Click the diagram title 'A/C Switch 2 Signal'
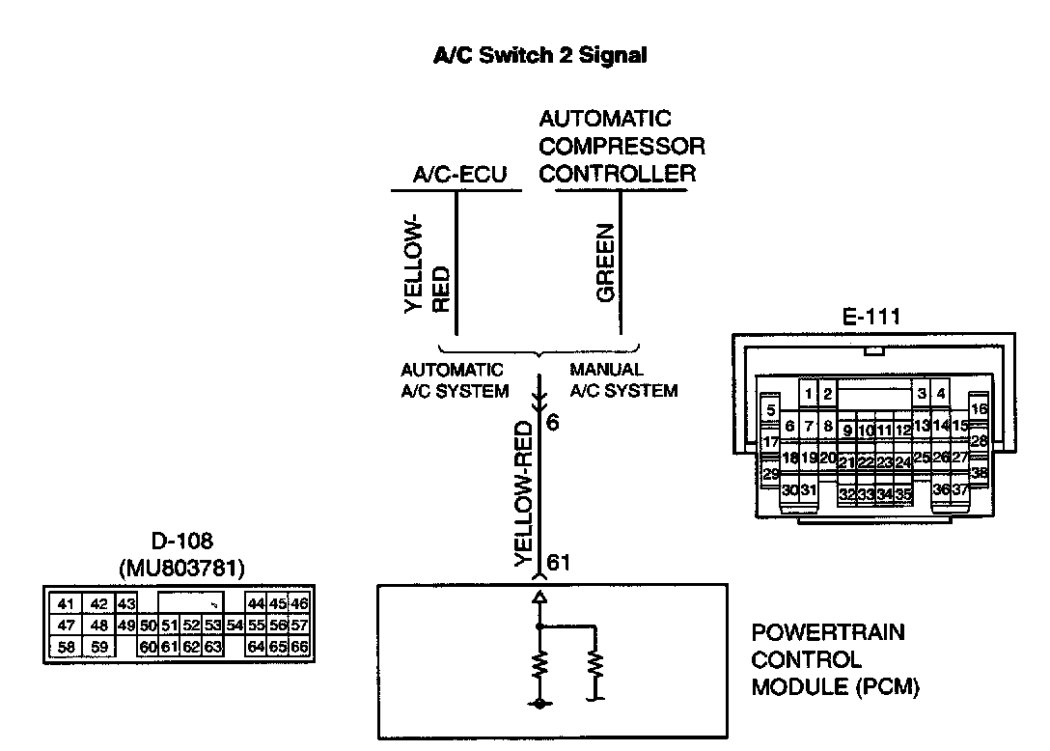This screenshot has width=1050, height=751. [539, 55]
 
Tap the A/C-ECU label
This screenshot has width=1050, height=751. [459, 174]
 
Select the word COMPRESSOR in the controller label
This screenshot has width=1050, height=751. [622, 146]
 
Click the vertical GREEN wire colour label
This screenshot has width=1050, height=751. [605, 263]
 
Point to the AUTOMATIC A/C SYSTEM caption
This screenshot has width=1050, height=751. [455, 380]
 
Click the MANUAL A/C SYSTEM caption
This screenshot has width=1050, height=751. [623, 380]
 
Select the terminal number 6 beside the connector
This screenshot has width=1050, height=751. [552, 422]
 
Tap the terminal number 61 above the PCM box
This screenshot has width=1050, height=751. [559, 562]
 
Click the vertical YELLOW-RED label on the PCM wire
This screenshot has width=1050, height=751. [524, 493]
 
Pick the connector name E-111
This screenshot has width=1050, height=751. [870, 317]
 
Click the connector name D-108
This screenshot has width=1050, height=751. [181, 541]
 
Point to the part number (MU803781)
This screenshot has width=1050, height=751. [181, 569]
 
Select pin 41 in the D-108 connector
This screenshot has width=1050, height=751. [66, 603]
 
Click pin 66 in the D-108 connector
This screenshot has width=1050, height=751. [298, 647]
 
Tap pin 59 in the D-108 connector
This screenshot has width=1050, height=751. [99, 647]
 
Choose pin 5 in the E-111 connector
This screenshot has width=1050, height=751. [771, 410]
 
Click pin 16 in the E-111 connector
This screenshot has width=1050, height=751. [979, 408]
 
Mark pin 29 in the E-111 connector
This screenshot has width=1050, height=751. [771, 474]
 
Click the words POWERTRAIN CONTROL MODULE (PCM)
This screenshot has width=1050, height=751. [836, 660]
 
